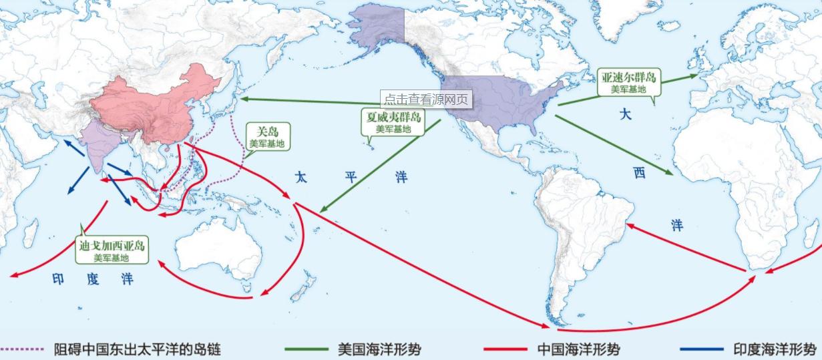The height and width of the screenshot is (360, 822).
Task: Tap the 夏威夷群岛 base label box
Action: (393, 122)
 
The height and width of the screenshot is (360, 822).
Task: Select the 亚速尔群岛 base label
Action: (626, 82)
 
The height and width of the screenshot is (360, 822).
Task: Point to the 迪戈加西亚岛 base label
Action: (111, 250)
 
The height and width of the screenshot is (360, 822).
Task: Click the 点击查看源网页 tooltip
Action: (426, 100)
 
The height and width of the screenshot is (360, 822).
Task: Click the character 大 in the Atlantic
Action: (625, 114)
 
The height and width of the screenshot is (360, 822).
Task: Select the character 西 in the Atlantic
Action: (640, 174)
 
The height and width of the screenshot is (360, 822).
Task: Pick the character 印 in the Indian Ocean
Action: (58, 279)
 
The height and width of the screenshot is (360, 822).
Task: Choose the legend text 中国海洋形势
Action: (578, 349)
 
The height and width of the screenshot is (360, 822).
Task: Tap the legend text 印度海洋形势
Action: (775, 349)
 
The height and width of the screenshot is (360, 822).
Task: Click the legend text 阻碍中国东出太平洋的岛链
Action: (137, 349)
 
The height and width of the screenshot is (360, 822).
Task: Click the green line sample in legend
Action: (306, 349)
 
